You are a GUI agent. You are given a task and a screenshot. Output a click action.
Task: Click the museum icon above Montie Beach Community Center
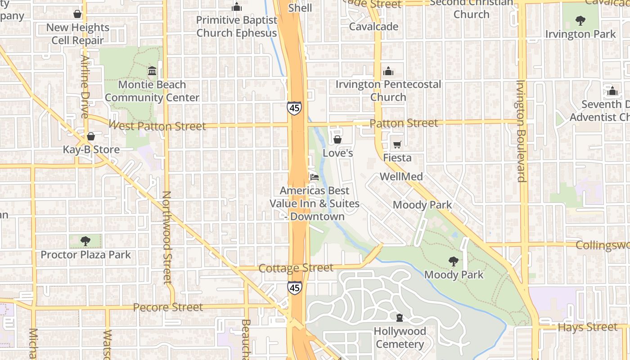pos(152,71)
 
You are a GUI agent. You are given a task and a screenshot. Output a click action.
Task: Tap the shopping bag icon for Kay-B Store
pos(91,136)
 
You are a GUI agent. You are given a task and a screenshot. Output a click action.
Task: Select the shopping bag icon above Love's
pos(337,140)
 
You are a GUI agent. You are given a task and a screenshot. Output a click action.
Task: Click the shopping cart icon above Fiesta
pos(397,144)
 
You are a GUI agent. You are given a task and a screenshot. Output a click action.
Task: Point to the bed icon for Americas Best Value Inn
pos(314,177)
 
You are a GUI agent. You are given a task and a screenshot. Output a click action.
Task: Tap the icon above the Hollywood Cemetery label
pos(399,318)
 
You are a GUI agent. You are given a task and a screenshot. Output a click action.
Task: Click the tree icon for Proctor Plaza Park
pos(85,241)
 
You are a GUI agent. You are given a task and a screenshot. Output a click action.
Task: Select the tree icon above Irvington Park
pos(580,20)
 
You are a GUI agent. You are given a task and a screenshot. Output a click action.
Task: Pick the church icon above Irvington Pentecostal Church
pos(388,71)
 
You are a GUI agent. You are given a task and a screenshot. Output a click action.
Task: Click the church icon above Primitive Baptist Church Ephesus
pos(237,7)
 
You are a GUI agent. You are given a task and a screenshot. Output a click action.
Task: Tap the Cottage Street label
pos(296,268)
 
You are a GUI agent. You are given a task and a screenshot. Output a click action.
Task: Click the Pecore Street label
pos(168,307)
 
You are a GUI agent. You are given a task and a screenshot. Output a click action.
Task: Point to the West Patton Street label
pos(157,126)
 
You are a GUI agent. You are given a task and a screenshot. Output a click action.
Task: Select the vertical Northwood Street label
pos(167,238)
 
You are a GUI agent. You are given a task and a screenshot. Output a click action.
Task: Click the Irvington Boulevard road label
pos(521,131)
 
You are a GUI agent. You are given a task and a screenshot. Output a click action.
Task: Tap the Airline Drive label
pos(85,87)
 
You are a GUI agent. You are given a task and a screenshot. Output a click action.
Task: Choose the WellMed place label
pos(401,176)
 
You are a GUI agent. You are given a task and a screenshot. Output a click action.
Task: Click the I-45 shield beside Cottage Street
pos(295,288)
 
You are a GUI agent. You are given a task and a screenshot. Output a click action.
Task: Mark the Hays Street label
pos(587,327)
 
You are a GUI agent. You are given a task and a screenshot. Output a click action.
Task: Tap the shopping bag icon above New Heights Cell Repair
pos(77,14)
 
